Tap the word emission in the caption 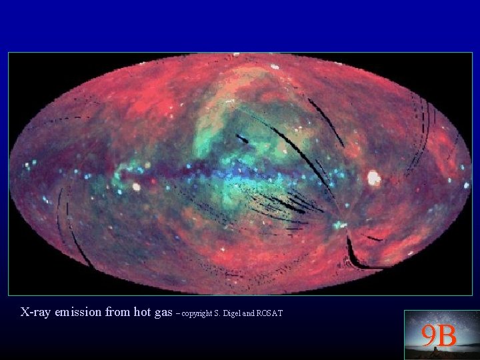click(x=77, y=312)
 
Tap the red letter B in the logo click(x=447, y=336)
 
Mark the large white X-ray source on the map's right click(x=374, y=178)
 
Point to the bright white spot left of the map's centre click(x=137, y=187)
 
